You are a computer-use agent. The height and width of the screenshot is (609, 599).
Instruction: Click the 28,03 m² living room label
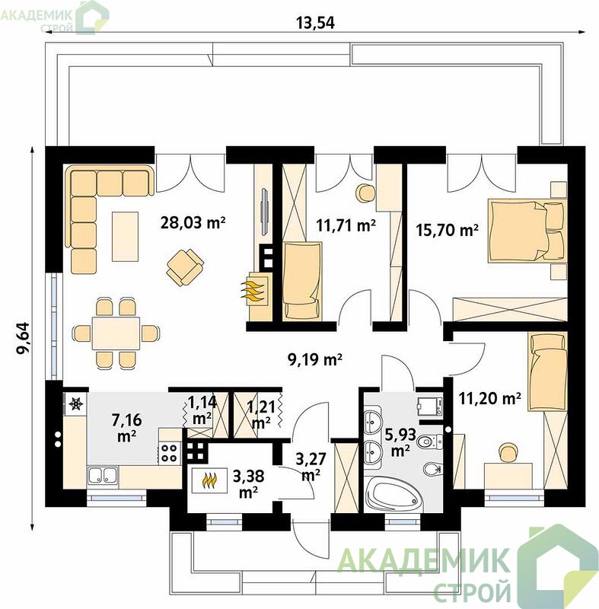(193, 222)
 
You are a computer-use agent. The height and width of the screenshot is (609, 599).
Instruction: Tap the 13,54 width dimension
(315, 23)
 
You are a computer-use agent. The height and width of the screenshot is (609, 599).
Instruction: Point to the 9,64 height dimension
(23, 337)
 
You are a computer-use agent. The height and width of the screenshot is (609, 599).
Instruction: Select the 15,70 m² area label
(447, 230)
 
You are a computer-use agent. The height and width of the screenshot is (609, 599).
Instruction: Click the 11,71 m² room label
(346, 225)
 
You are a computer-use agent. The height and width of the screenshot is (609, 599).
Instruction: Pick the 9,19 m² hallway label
(315, 359)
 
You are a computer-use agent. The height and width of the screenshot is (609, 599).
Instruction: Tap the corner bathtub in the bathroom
(393, 493)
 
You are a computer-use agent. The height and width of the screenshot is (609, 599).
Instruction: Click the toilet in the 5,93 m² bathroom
(430, 442)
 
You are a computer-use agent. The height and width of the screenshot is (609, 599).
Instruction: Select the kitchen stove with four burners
(169, 453)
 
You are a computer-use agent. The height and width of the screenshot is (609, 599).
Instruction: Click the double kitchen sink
(103, 475)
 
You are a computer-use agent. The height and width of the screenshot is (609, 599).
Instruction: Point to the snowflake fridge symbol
(75, 404)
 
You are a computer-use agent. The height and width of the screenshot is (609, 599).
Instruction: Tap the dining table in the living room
(116, 333)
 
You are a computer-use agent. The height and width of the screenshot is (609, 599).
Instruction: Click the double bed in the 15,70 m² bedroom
(527, 231)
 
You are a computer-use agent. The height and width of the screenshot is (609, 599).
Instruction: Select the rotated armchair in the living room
(185, 268)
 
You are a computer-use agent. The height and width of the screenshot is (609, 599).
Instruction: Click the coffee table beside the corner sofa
(125, 237)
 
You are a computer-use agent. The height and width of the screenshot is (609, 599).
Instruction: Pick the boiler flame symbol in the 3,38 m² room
(209, 480)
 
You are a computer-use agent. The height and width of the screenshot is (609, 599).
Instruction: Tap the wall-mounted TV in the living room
(264, 212)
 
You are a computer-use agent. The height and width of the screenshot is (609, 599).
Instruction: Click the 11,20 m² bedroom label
(489, 397)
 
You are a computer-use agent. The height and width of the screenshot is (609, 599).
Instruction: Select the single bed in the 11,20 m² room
(547, 372)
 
